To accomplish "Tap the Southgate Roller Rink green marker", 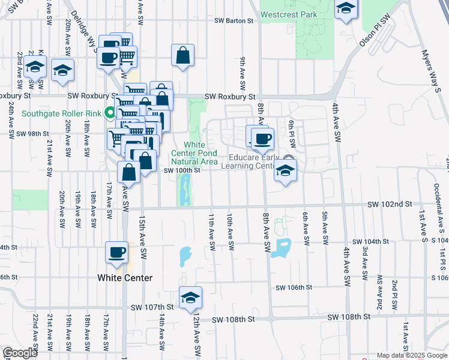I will click(110, 112).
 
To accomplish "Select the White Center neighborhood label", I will click(125, 278).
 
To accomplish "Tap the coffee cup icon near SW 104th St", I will click(116, 253).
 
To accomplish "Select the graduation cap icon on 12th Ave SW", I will click(191, 298).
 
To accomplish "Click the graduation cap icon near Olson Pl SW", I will click(345, 8).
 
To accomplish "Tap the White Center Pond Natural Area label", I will click(194, 153).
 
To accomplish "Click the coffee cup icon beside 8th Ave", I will click(262, 140).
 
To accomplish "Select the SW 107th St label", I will click(152, 307).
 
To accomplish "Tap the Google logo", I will click(20, 353).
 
